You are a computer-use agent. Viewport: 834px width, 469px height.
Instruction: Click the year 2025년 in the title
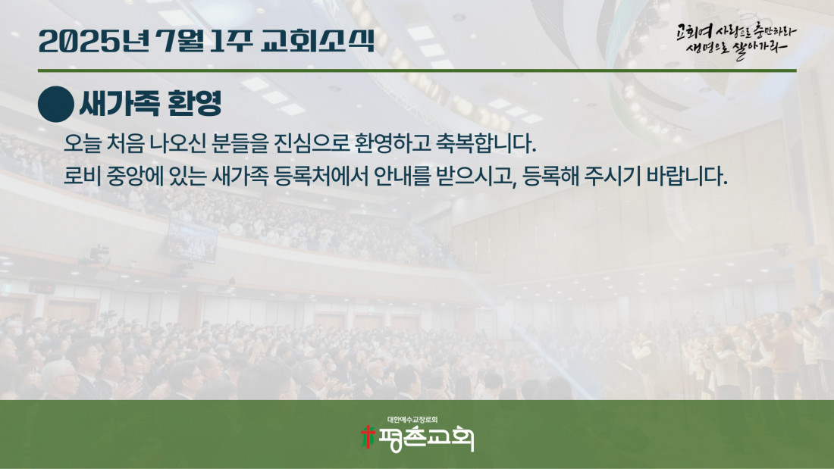(x=94, y=42)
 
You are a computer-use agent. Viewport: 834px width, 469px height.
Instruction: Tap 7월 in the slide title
(x=181, y=42)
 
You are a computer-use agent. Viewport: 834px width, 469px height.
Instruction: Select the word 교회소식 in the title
(x=318, y=42)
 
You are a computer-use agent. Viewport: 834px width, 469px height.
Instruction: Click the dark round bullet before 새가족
(x=56, y=105)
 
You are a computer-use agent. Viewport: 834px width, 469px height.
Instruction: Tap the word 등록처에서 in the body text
(x=321, y=176)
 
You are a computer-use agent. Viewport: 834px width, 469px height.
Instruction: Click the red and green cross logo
(x=368, y=437)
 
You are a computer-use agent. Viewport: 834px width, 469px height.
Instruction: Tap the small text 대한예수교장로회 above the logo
(x=412, y=420)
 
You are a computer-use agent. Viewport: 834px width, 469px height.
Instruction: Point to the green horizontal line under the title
(x=417, y=70)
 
